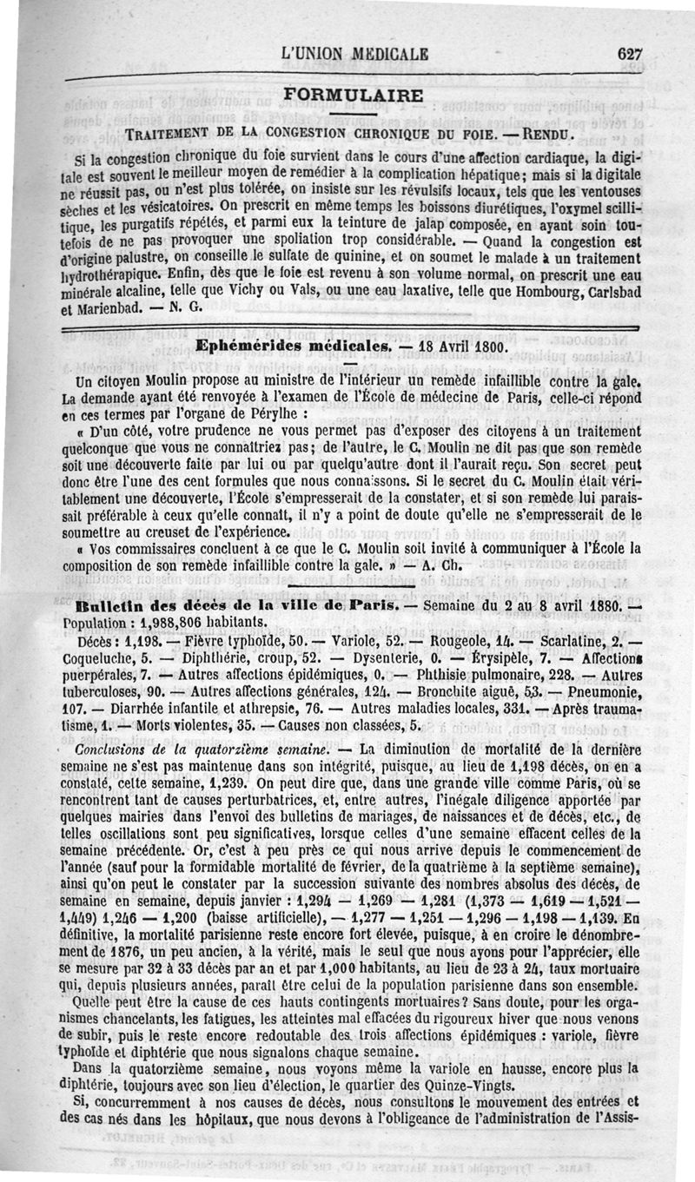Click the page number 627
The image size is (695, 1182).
coord(628,53)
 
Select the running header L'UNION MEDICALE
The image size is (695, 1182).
coord(355,53)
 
